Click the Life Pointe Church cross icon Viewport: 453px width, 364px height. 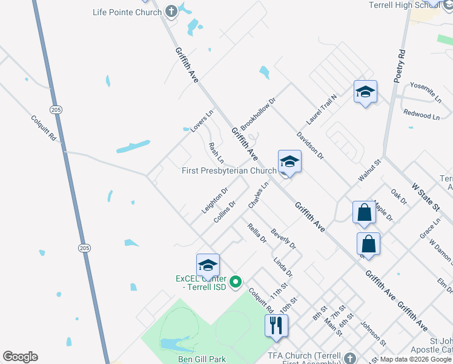[x=171, y=12]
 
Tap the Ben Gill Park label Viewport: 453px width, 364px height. [x=202, y=359]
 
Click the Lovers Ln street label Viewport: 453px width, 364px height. [x=202, y=121]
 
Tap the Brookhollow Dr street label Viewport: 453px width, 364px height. [x=257, y=113]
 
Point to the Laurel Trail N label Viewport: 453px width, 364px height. [x=321, y=109]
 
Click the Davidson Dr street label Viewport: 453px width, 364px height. [x=311, y=146]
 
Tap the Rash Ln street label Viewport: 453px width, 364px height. [x=216, y=153]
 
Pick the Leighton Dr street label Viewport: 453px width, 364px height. [x=215, y=201]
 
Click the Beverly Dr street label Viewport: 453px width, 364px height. [x=283, y=238]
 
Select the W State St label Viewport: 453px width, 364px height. [x=425, y=197]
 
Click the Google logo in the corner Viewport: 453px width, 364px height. [x=20, y=357]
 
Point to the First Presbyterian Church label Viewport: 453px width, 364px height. [x=229, y=171]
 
